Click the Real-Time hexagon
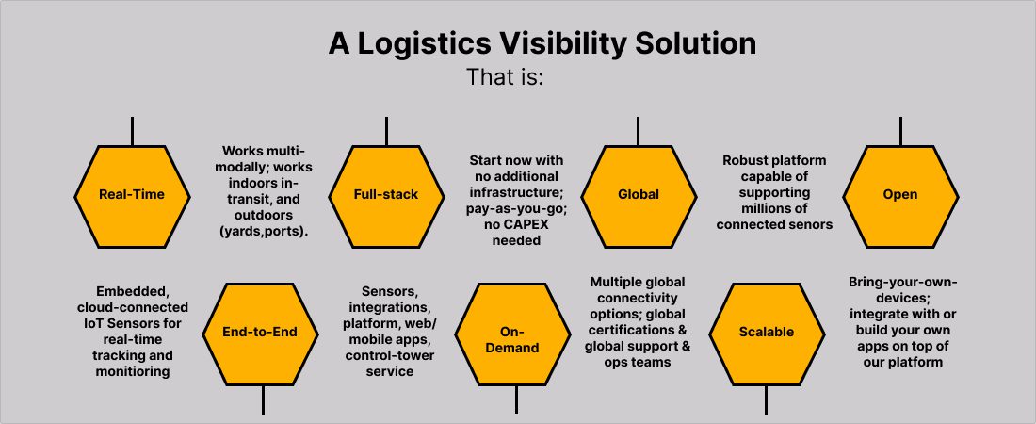[x=132, y=197]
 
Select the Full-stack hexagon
[x=386, y=197]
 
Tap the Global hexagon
[x=639, y=197]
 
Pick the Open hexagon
[x=899, y=197]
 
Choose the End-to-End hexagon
[x=260, y=334]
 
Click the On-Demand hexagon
[x=512, y=334]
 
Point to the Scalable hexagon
[x=767, y=334]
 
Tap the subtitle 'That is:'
[x=506, y=77]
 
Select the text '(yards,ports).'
[x=264, y=232]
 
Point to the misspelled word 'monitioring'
[x=133, y=372]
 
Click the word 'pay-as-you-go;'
[x=516, y=209]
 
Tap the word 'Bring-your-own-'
[x=902, y=283]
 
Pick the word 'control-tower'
[x=389, y=356]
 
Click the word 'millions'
[x=773, y=209]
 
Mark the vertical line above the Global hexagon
[x=638, y=131]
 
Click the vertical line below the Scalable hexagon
[x=766, y=400]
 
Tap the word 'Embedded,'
[x=133, y=292]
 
